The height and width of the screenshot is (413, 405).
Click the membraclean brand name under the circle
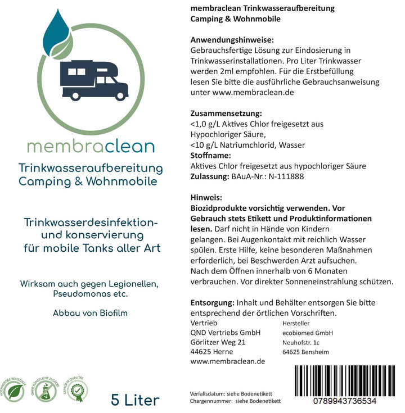click(90, 147)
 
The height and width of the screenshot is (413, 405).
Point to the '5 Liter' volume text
click(136, 400)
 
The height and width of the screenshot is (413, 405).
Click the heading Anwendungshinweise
click(232, 40)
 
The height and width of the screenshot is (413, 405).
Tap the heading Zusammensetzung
click(226, 113)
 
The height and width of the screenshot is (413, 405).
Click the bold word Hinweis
click(206, 198)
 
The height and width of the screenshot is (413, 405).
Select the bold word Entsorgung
click(213, 302)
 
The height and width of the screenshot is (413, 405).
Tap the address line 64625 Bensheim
click(305, 352)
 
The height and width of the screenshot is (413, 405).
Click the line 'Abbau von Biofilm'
click(90, 314)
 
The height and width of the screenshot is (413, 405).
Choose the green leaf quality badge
click(15, 390)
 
